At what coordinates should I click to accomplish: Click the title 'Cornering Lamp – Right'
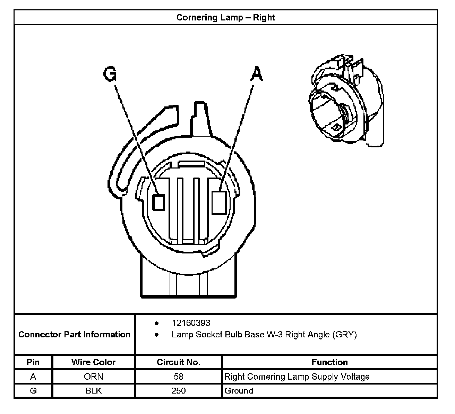225,17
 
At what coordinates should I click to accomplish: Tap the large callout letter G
110,74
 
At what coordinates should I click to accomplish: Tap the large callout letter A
256,74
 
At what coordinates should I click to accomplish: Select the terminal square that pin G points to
158,202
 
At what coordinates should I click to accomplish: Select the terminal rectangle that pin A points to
219,202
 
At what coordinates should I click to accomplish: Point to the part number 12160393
191,323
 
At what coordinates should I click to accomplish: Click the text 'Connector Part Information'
74,335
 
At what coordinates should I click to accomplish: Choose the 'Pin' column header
33,362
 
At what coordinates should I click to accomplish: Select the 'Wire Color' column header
93,362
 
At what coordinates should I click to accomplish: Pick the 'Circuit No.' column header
179,362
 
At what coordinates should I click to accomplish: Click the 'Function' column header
329,362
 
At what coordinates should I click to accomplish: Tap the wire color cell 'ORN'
93,377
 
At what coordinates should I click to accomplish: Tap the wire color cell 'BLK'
93,391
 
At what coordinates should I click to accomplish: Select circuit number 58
179,377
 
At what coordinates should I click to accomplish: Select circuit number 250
179,391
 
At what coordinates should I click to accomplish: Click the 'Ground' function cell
239,391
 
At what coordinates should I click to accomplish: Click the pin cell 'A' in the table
33,377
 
